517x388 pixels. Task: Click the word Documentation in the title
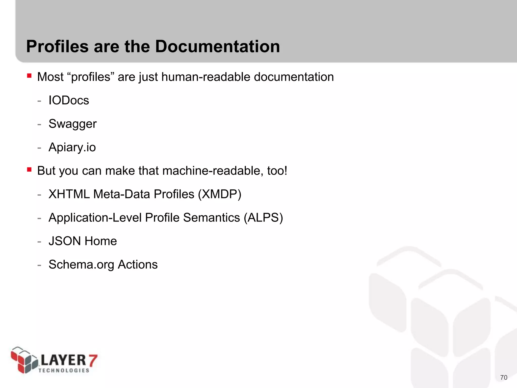[x=217, y=46]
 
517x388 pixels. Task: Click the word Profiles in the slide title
[x=58, y=46]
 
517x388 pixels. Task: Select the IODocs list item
[x=69, y=100]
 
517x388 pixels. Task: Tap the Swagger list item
[x=72, y=124]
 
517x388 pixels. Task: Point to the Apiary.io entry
[x=72, y=147]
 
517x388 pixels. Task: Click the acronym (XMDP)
[x=220, y=194]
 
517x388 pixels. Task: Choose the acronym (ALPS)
[x=263, y=218]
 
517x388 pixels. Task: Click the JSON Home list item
[x=83, y=241]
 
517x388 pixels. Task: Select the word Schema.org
[x=81, y=265]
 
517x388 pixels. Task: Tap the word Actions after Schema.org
[x=138, y=264]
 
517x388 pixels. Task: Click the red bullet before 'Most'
[x=29, y=76]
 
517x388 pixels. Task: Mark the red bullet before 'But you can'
[x=29, y=169]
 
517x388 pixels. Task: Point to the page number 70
[x=504, y=377]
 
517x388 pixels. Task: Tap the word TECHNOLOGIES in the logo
[x=64, y=370]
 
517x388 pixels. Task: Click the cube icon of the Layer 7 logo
[x=24, y=360]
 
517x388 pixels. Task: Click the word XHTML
[x=69, y=194]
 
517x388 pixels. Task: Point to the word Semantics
[x=211, y=218]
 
